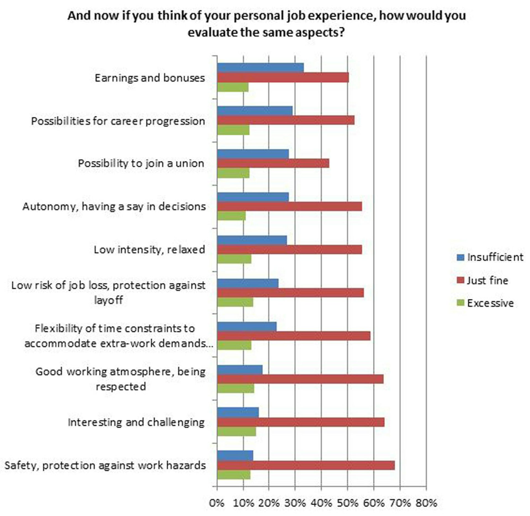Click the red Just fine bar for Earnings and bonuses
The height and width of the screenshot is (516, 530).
(283, 78)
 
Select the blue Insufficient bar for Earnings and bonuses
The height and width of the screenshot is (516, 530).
(260, 68)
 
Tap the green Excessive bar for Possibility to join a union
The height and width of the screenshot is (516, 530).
(233, 173)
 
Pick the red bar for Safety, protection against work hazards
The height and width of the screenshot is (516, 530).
(306, 465)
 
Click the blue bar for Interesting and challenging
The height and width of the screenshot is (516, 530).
(238, 412)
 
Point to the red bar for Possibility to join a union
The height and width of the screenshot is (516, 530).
(273, 163)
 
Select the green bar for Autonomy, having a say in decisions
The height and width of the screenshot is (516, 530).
(231, 216)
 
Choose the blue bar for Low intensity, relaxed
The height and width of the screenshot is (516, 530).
(252, 240)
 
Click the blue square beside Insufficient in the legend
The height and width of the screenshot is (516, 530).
(460, 257)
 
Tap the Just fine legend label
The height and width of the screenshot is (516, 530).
(487, 280)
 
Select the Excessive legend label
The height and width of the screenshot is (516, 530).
(490, 303)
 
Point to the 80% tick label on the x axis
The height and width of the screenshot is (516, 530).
(426, 503)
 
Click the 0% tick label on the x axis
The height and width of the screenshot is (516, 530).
(217, 503)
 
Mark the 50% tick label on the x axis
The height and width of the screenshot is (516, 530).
(348, 503)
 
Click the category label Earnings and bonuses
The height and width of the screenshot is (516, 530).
(150, 78)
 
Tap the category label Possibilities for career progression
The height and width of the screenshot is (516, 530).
(118, 121)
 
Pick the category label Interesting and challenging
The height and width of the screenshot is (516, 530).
(136, 422)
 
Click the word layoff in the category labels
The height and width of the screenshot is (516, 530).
(108, 300)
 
